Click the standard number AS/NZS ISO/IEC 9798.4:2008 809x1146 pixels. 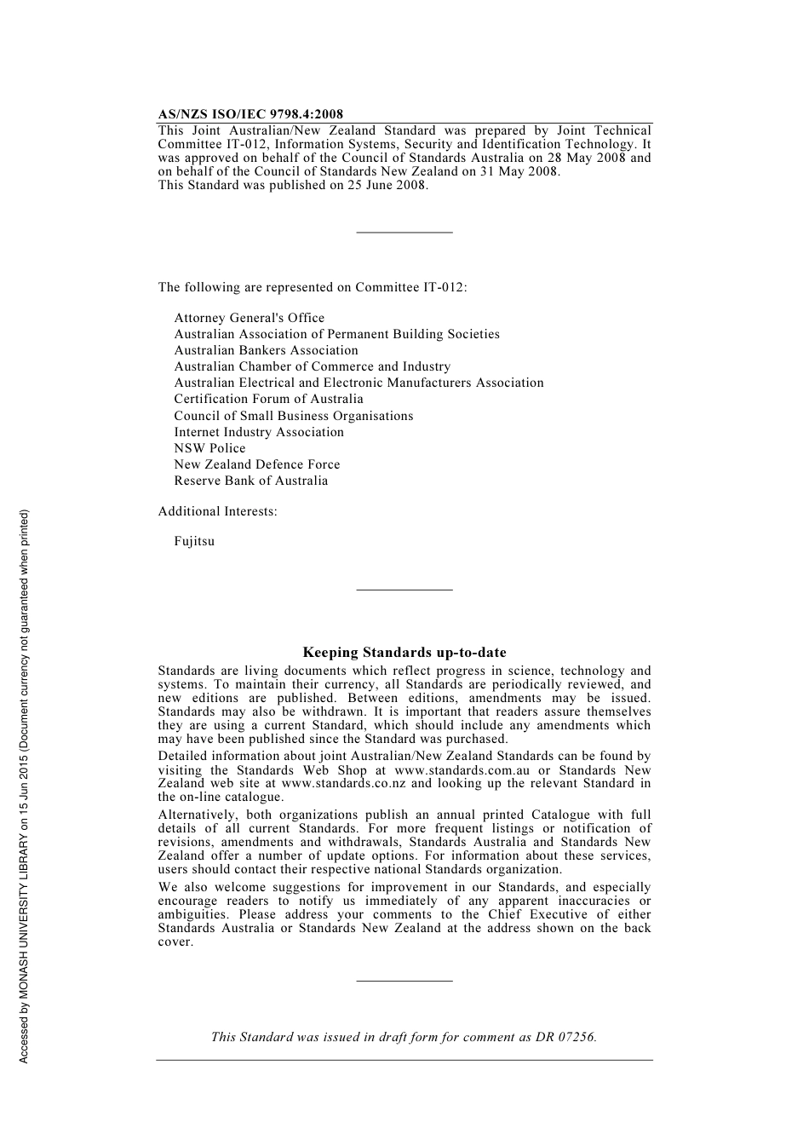point(250,114)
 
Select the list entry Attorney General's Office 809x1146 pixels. point(250,318)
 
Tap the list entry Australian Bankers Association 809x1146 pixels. point(266,350)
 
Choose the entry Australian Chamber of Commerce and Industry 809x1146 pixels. point(313,366)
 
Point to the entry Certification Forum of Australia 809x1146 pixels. point(268,399)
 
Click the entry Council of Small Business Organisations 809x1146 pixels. point(294,416)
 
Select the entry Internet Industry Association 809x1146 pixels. point(259,432)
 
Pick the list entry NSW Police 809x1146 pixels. point(209,448)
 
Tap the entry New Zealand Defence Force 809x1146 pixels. point(257,464)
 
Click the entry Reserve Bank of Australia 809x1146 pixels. point(251,481)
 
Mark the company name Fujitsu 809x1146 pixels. point(194,541)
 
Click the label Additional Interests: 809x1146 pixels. point(217,511)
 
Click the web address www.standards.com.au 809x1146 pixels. point(462,770)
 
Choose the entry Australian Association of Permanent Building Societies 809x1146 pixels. point(337,334)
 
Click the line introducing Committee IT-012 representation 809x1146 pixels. point(313,287)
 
